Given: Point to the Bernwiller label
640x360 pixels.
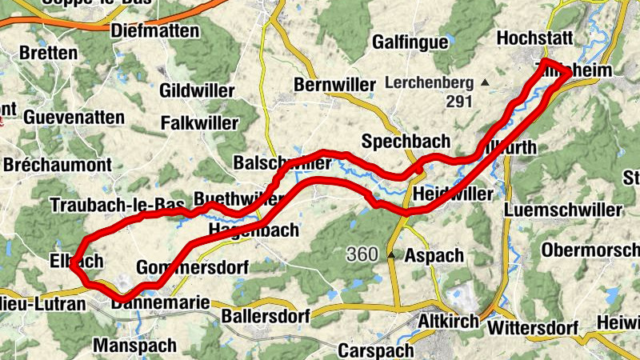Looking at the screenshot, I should pos(334,85).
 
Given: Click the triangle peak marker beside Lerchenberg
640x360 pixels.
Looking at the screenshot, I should pos(485,82).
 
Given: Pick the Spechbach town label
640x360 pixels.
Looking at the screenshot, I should pos(406,142).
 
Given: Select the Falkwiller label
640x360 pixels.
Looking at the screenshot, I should pos(200,123).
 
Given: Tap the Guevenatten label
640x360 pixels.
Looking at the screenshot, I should pos(74,118).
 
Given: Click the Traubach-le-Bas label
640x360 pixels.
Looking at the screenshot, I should pos(117,205).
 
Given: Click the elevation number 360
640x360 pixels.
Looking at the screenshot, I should pos(362,254).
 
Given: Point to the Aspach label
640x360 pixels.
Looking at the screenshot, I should pos(434,256).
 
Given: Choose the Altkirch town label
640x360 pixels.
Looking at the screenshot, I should pos(449,322).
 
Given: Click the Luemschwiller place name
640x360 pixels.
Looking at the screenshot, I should pos(562,210).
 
